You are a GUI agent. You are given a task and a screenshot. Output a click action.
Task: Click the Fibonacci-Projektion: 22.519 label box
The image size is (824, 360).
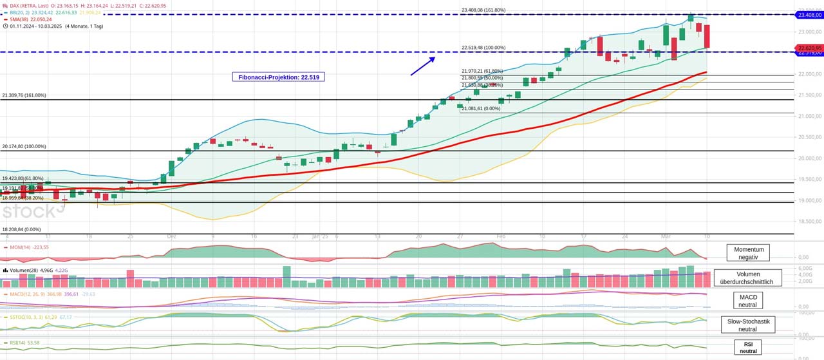point(278,77)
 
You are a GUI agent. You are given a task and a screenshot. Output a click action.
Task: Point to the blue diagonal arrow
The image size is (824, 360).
point(423,66)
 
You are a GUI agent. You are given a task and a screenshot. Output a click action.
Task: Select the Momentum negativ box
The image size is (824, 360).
point(748,252)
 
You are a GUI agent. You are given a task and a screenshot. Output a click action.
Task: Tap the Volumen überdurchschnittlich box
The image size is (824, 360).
point(747,278)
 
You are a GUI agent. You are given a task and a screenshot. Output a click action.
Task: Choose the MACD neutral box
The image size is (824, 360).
point(747,301)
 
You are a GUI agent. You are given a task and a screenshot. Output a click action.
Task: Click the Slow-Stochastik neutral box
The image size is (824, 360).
point(747,325)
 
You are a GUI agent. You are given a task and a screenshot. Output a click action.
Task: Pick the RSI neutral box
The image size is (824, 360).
point(748,347)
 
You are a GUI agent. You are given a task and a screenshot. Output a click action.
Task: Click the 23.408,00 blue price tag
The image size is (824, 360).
point(810,15)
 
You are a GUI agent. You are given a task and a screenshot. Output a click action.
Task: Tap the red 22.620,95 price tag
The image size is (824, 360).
point(810,48)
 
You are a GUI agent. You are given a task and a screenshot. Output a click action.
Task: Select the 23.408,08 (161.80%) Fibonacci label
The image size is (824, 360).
point(483,10)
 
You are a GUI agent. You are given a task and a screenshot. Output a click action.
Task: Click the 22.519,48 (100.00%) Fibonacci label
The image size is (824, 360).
point(483,48)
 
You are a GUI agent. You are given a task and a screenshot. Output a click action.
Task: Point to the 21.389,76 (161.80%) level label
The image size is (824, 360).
point(24,95)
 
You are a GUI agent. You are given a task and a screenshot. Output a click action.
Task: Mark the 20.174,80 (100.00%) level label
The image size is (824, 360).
point(24,147)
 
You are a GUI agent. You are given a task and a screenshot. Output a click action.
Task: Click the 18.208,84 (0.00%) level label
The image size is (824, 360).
point(21,229)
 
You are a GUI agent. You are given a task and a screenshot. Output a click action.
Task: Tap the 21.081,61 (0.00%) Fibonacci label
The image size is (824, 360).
point(481,109)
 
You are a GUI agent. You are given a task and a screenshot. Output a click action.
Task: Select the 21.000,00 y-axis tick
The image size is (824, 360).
point(809,116)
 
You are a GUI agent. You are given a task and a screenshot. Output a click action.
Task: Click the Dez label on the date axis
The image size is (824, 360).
point(171,236)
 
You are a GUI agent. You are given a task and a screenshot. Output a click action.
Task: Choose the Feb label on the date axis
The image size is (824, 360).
point(501,236)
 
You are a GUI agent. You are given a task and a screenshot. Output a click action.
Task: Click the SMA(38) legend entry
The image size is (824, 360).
point(30,19)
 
